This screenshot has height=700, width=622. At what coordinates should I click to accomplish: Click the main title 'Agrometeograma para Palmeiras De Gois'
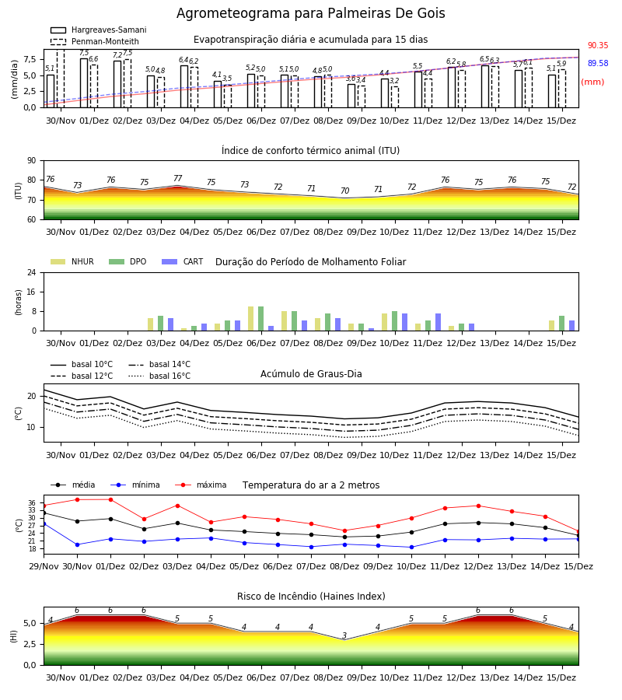pyautogui.click(x=310, y=13)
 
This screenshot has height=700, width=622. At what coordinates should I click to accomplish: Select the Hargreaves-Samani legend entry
pyautogui.click(x=98, y=30)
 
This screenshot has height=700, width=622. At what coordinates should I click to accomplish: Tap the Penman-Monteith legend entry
pyautogui.click(x=95, y=41)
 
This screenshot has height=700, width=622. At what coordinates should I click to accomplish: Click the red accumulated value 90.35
pyautogui.click(x=598, y=46)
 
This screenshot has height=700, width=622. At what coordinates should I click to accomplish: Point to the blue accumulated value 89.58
pyautogui.click(x=598, y=64)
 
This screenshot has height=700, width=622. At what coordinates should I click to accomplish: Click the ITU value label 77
pyautogui.click(x=177, y=179)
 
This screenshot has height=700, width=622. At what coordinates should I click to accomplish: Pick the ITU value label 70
pyautogui.click(x=344, y=191)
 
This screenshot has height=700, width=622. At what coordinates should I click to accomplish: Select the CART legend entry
pyautogui.click(x=182, y=261)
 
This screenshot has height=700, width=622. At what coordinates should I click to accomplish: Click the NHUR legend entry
pyautogui.click(x=72, y=261)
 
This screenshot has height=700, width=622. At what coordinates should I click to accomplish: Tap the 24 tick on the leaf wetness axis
pyautogui.click(x=32, y=273)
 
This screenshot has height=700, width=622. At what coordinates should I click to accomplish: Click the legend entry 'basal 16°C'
pyautogui.click(x=159, y=376)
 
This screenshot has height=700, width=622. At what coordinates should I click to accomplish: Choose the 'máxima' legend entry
pyautogui.click(x=201, y=485)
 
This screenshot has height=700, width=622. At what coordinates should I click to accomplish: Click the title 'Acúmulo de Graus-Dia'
pyautogui.click(x=311, y=374)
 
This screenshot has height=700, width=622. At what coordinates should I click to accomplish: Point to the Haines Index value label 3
pyautogui.click(x=344, y=635)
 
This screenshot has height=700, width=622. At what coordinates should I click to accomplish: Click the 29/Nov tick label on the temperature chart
pyautogui.click(x=44, y=566)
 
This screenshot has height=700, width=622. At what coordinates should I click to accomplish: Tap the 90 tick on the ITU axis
pyautogui.click(x=32, y=161)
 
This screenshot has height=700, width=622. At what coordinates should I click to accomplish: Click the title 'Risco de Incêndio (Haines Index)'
pyautogui.click(x=311, y=597)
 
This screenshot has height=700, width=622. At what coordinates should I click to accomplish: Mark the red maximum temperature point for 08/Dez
pyautogui.click(x=344, y=530)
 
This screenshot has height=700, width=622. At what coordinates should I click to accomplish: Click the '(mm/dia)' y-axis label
pyautogui.click(x=15, y=79)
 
